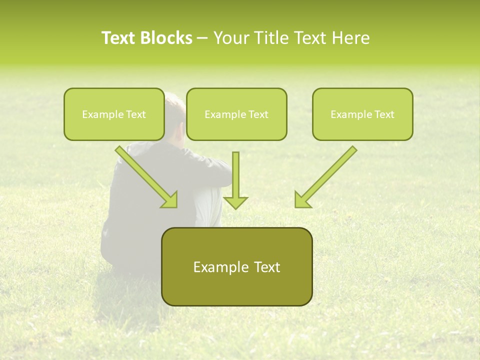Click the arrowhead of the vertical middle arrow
click(x=235, y=202)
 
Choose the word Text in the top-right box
click(x=384, y=114)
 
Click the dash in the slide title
click(x=202, y=38)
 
